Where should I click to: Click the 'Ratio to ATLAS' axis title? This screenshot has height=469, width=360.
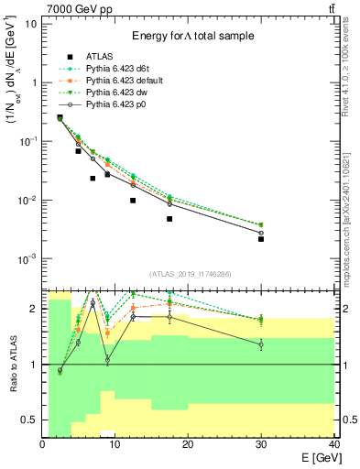click(12, 365)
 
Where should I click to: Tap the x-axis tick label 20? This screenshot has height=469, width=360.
click(188, 443)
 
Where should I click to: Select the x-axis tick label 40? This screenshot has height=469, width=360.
click(333, 443)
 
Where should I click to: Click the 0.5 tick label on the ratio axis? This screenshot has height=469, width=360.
click(33, 420)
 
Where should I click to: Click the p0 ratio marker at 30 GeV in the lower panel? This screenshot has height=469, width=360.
click(261, 344)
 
